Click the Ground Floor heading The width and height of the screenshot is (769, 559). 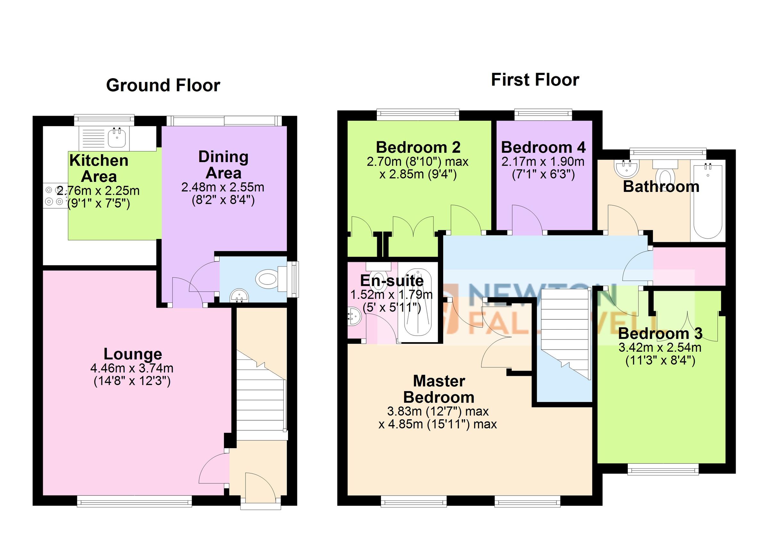(x=163, y=85)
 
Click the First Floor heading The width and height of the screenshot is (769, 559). (x=535, y=80)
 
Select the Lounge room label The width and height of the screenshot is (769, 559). (x=133, y=354)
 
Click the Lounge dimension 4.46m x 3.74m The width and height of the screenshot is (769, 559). (x=132, y=368)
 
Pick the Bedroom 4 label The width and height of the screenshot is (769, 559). (x=543, y=147)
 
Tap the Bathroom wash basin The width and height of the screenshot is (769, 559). (x=625, y=169)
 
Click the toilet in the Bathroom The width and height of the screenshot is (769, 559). (x=665, y=174)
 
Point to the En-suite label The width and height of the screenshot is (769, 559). (x=392, y=281)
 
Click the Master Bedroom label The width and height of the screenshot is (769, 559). (x=439, y=389)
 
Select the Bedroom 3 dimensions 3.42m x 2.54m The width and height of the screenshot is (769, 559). (x=660, y=348)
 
